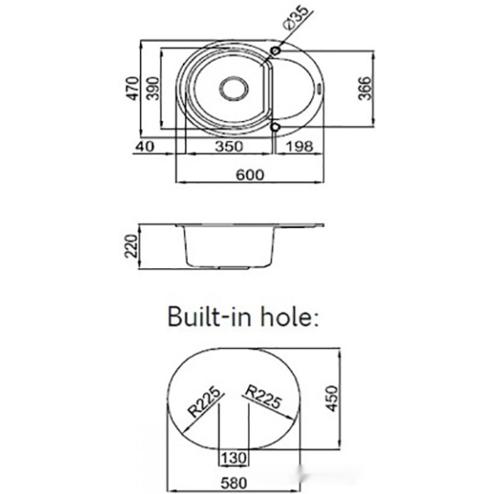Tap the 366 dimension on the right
point(365,88)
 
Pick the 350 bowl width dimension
point(229,147)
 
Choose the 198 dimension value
point(300,147)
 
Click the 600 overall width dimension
point(250,175)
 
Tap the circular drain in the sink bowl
point(234,88)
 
